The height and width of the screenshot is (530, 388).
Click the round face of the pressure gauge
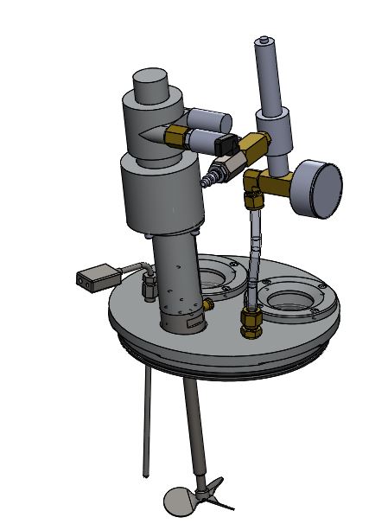pyautogui.click(x=325, y=188)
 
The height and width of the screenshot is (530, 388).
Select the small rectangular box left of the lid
pyautogui.click(x=97, y=278)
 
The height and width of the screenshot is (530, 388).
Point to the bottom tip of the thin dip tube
pyautogui.click(x=143, y=475)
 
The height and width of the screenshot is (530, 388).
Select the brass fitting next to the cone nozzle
pyautogui.click(x=178, y=135)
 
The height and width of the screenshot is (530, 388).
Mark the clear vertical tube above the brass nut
pyautogui.click(x=254, y=259)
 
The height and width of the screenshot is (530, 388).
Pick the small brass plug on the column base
pyautogui.click(x=210, y=303)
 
